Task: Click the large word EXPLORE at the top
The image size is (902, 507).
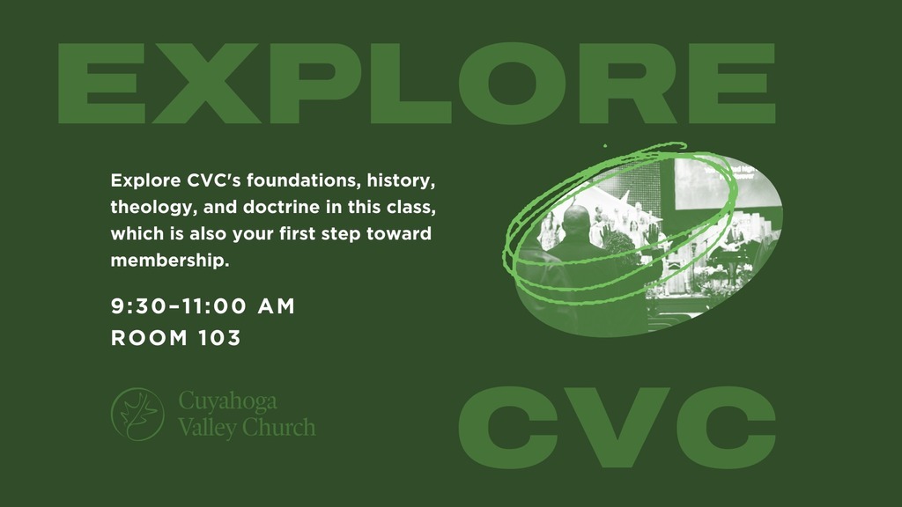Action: (417, 84)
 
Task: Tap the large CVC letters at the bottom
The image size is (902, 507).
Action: (617, 427)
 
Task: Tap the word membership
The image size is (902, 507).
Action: (170, 261)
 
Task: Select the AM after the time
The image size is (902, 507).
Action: (276, 305)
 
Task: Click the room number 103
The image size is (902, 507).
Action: (218, 338)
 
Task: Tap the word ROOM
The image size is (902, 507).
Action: (149, 338)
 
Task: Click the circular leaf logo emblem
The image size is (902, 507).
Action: (137, 414)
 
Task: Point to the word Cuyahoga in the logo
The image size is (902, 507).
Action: (228, 401)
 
